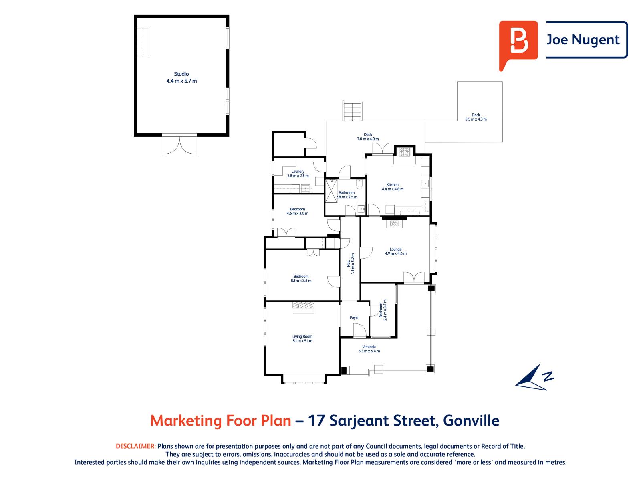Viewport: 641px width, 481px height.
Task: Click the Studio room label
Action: [x=181, y=74]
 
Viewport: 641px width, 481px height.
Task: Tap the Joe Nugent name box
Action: [x=586, y=40]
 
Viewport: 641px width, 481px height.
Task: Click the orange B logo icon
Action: [x=518, y=42]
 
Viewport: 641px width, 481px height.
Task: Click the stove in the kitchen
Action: [x=404, y=152]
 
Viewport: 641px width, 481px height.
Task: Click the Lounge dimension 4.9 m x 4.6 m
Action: [x=395, y=253]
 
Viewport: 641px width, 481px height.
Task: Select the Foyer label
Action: [x=354, y=317]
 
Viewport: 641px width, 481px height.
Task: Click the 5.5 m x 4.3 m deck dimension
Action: [x=476, y=119]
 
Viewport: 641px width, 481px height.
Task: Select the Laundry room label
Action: [x=298, y=172]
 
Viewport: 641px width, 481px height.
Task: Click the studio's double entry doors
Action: [x=179, y=145]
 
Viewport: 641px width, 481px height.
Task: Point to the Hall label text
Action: [x=349, y=263]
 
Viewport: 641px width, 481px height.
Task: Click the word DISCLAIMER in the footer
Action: [x=135, y=446]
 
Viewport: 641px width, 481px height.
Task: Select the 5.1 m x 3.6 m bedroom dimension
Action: [x=301, y=281]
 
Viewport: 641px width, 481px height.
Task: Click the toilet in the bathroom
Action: [x=359, y=185]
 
